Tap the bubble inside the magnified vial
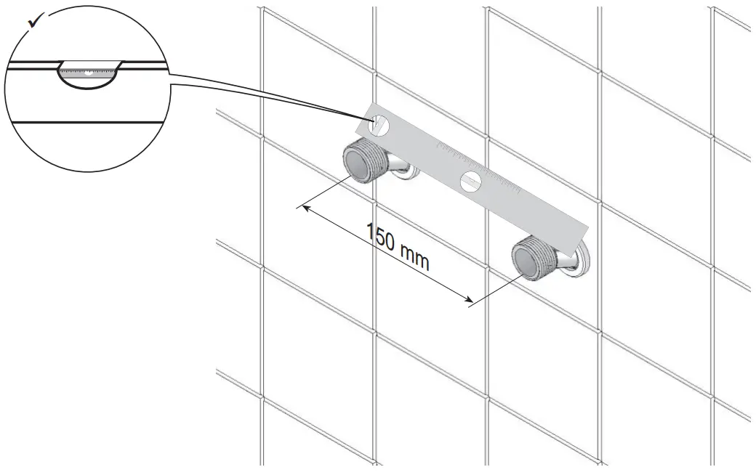(x=87, y=73)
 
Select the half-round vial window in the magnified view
(x=88, y=76)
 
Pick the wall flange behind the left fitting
(x=408, y=171)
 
